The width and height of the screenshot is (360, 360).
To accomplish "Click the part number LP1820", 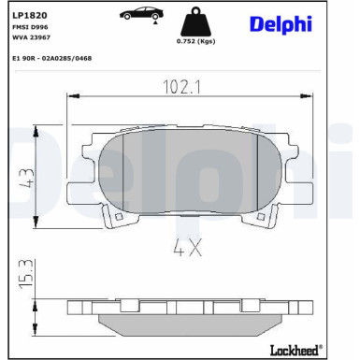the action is pos(29,15).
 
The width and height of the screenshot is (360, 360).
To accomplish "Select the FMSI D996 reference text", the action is pos(30,27).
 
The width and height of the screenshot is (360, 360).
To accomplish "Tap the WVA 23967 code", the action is pos(31,37).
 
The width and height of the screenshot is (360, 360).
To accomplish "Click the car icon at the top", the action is pos(142,13).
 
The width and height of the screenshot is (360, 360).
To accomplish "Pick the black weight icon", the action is pos(195,22).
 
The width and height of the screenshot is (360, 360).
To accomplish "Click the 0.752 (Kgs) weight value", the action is pos(195,41).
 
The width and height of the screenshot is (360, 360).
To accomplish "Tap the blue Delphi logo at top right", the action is pos(281,24).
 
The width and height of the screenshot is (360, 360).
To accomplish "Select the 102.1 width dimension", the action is pos(182,87).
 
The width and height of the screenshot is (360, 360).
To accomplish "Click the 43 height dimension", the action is pos(27,178).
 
